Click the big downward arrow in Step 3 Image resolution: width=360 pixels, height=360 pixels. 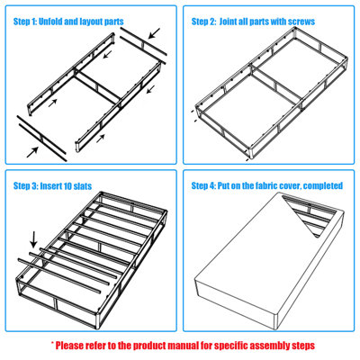(x=34, y=239)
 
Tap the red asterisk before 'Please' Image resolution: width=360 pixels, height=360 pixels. (x=53, y=344)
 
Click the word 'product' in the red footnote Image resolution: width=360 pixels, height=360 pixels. (x=167, y=345)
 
